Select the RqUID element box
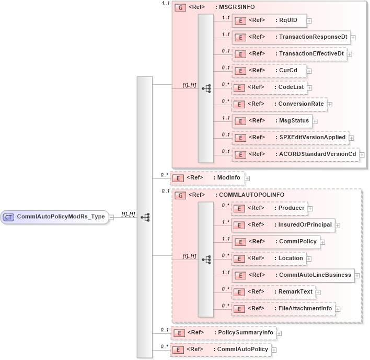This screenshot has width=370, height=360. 269,20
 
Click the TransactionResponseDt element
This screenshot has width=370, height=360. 291,38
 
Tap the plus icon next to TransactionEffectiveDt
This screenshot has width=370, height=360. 349,54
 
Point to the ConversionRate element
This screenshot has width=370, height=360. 279,104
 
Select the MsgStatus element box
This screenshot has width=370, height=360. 272,121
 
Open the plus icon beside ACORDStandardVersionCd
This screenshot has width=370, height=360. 362,155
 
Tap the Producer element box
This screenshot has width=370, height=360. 269,208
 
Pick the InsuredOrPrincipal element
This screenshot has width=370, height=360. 283,225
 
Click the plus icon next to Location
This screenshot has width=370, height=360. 308,258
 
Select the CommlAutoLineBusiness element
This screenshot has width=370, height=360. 293,275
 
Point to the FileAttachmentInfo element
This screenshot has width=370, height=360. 283,309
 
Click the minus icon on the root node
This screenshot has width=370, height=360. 112,217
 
